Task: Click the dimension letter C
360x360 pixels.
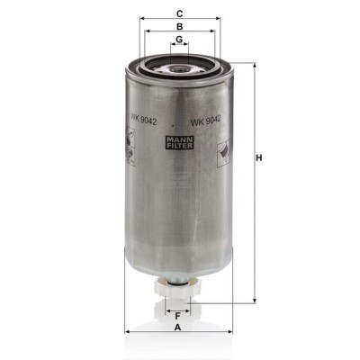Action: coord(179,13)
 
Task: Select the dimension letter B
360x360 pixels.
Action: coord(179,26)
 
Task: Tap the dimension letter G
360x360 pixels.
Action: coord(179,40)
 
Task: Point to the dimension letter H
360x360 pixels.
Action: coord(258,157)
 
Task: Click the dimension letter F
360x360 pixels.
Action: coord(177,316)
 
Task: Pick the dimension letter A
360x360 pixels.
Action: coord(178,328)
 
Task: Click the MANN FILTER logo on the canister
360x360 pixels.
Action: coord(180,142)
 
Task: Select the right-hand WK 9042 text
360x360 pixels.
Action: coord(206,121)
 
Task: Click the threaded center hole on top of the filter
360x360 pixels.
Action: coord(179,68)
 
